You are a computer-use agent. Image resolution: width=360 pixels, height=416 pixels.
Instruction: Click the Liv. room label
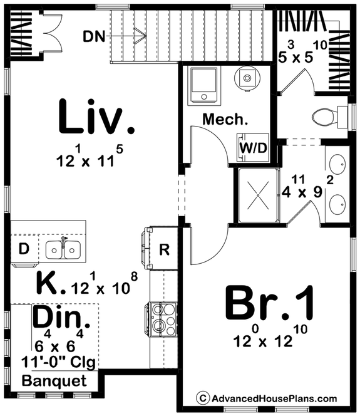point(96,117)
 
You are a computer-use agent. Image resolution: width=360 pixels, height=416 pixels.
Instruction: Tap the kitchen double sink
point(63,249)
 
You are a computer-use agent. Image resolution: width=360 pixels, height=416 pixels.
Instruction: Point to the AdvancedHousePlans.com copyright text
point(267,398)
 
